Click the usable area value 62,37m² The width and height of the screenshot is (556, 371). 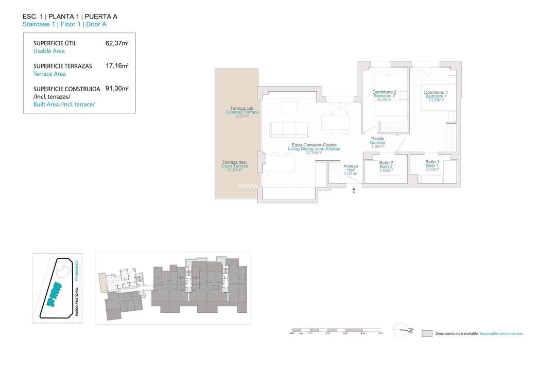(117, 43)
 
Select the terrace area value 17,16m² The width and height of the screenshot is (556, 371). (117, 66)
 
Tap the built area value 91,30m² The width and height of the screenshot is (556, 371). (117, 89)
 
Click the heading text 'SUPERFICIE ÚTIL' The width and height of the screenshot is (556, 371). (55, 43)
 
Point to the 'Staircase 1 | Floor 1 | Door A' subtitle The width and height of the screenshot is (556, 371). (65, 24)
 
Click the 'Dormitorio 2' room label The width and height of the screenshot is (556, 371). (384, 92)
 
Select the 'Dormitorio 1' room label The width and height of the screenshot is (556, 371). (436, 92)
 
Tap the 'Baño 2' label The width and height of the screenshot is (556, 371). (386, 163)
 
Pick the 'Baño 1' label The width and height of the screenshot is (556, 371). (432, 162)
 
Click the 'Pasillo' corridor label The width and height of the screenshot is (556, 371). (378, 139)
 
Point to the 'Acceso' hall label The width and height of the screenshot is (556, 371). (351, 166)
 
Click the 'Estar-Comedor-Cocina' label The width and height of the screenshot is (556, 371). (314, 145)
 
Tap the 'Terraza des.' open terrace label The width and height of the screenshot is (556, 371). (235, 162)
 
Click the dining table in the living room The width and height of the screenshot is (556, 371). (335, 122)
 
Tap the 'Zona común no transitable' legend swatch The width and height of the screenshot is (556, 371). (427, 333)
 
